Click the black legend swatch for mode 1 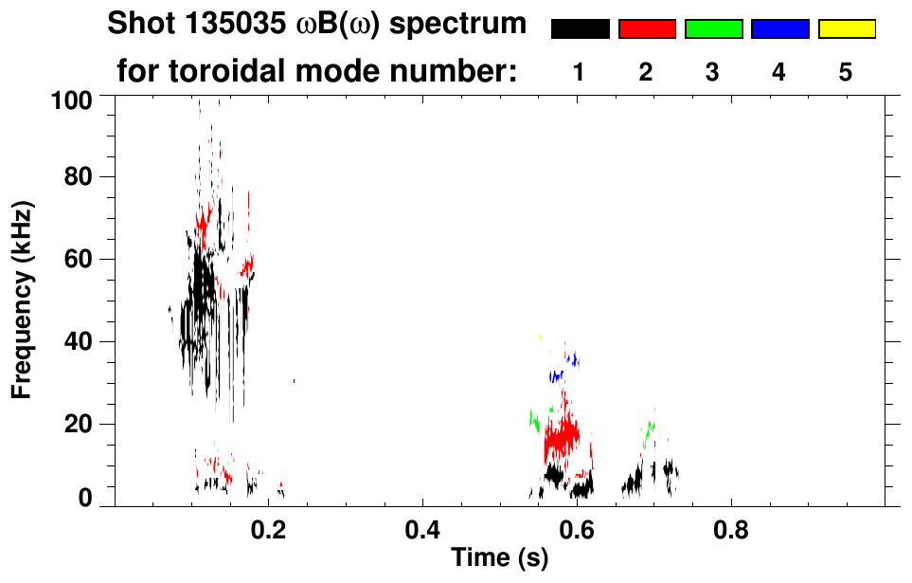(x=580, y=29)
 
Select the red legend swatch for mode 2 (x=647, y=29)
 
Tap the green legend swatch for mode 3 (x=713, y=29)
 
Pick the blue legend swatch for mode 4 (x=779, y=29)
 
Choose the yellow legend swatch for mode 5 (x=846, y=29)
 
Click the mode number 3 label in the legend (x=713, y=72)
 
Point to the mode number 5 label (x=846, y=72)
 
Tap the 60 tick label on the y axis (x=78, y=260)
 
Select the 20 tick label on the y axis (x=78, y=424)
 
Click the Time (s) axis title (x=499, y=559)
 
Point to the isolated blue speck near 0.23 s (x=295, y=380)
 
